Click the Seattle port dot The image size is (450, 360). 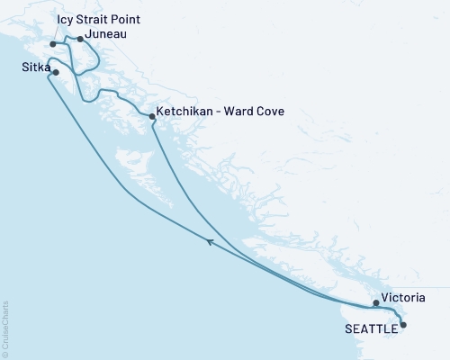pos(402,325)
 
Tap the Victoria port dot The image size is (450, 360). pos(376,303)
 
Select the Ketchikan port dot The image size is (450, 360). pos(151,115)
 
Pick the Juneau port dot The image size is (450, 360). pos(80,39)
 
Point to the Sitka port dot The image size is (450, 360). pos(56,72)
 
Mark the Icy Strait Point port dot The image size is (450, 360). pos(53,43)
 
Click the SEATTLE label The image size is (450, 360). pos(371,328)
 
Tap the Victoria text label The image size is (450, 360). pos(402,297)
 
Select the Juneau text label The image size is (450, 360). pos(106,35)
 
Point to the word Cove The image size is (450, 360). pos(268,112)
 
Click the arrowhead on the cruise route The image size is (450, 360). pos(210,241)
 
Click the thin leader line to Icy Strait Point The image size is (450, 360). pos(56,33)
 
